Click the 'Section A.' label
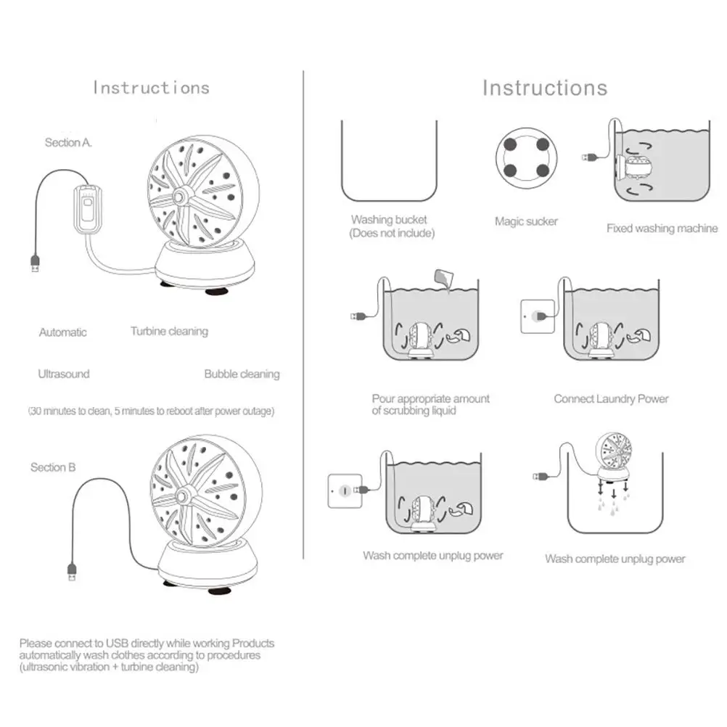click(x=68, y=143)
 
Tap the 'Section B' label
click(x=53, y=467)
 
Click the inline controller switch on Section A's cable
click(x=87, y=210)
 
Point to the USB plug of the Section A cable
click(x=35, y=263)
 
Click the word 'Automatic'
click(x=63, y=332)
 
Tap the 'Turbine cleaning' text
click(x=169, y=332)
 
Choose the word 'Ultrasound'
click(x=64, y=374)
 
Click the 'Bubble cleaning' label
click(x=242, y=374)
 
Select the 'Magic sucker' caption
click(x=526, y=221)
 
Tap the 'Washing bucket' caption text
click(x=389, y=219)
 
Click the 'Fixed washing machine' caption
click(x=662, y=228)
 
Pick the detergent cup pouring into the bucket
click(x=442, y=279)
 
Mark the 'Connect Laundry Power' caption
click(x=611, y=398)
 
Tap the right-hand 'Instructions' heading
click(x=544, y=88)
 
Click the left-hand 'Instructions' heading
click(x=151, y=88)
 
